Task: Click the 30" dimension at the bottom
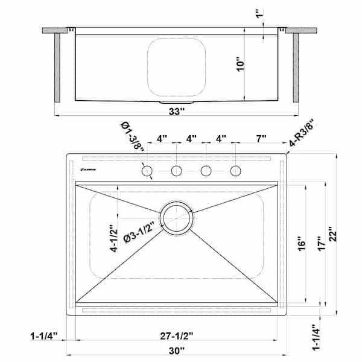177,350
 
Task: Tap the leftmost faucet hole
147,171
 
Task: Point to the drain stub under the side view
188,103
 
